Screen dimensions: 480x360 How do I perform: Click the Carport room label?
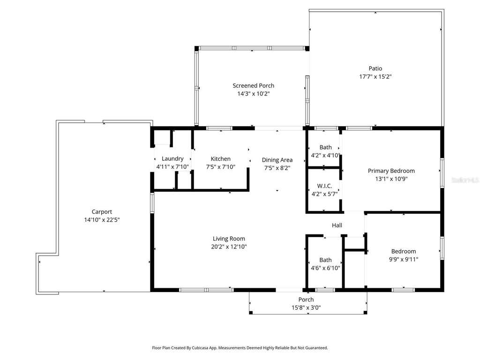click(x=102, y=211)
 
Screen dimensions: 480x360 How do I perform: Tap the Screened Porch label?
click(x=253, y=86)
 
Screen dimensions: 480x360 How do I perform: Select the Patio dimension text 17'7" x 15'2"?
click(x=375, y=76)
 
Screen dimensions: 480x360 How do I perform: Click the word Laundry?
click(x=172, y=158)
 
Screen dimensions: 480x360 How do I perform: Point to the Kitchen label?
click(x=220, y=158)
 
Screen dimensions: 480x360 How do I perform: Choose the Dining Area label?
click(x=277, y=160)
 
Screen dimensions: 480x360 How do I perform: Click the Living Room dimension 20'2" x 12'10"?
click(x=229, y=247)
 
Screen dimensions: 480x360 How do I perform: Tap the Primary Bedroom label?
click(x=391, y=171)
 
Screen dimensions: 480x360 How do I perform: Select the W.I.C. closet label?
click(x=324, y=186)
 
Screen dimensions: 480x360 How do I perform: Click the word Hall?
click(x=337, y=225)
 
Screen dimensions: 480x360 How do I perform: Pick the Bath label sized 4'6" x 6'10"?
click(x=325, y=260)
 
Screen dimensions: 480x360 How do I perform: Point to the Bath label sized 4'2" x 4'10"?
click(x=325, y=147)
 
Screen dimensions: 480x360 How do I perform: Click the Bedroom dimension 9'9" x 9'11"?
click(x=404, y=259)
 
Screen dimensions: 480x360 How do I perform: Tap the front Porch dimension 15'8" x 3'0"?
click(x=306, y=307)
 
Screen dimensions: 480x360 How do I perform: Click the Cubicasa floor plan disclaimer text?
click(x=240, y=348)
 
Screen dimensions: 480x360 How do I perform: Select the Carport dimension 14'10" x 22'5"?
click(x=102, y=219)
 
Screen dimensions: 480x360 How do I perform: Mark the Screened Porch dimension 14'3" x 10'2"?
click(x=253, y=94)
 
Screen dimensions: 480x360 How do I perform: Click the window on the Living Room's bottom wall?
click(x=206, y=290)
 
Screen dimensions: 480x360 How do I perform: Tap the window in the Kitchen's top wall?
click(x=219, y=128)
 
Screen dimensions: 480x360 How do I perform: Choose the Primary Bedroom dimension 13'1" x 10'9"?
click(x=391, y=179)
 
